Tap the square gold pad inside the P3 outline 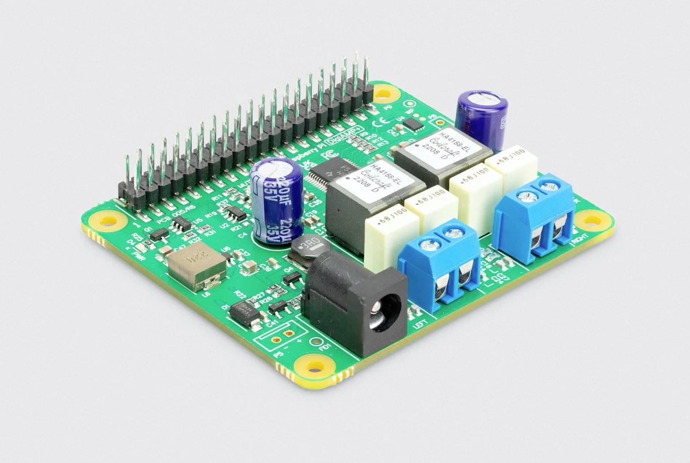click(x=287, y=335)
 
